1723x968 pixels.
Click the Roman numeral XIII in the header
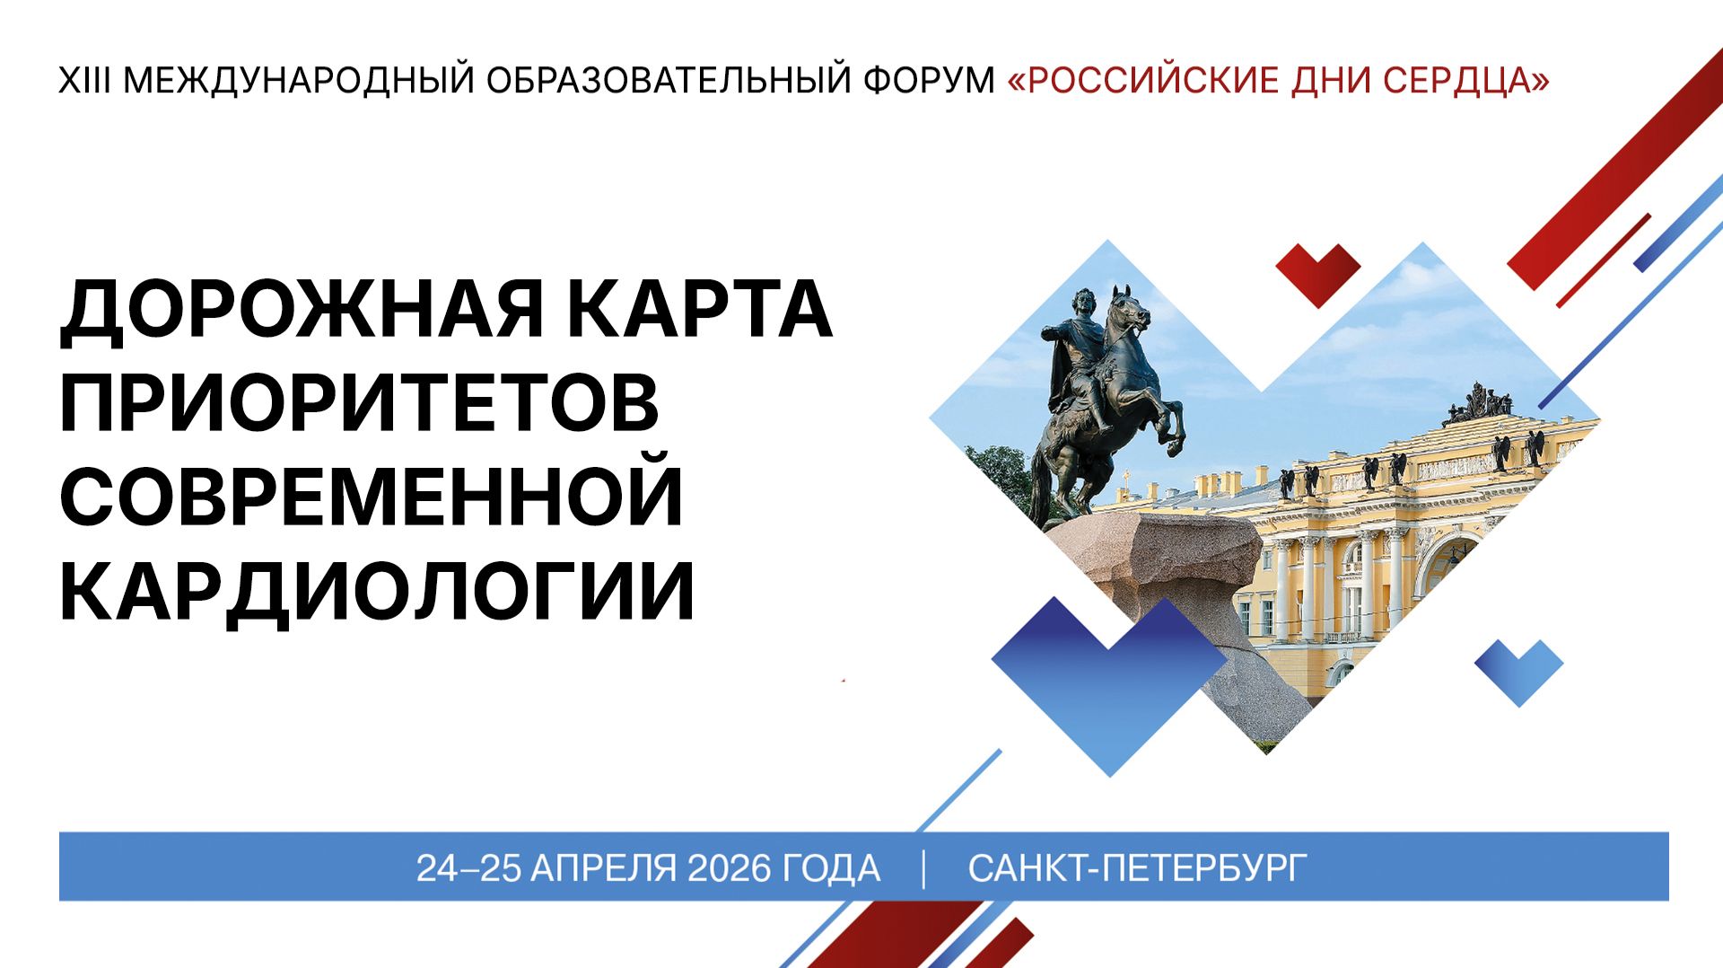point(84,81)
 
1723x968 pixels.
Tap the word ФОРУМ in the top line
point(929,81)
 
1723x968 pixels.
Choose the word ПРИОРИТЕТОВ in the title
point(359,404)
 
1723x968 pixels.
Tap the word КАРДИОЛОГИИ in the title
point(377,591)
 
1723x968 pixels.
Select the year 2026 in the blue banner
point(729,868)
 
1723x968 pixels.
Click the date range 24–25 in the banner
point(468,868)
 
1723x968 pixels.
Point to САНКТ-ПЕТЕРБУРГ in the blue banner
point(1137,868)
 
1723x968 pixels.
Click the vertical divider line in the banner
point(924,868)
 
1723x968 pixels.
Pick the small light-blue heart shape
point(1518,670)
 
